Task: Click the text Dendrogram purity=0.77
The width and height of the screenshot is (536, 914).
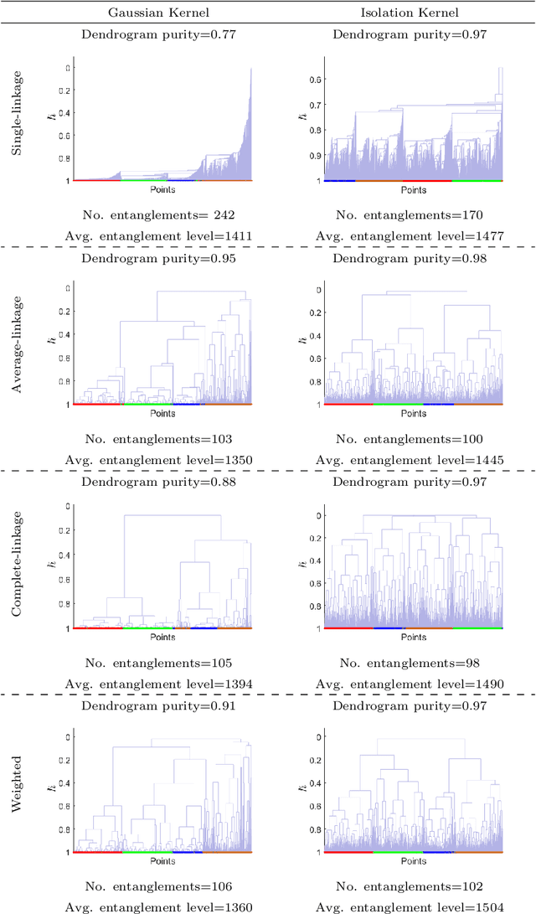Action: [158, 34]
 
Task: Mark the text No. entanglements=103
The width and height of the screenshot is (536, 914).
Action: [158, 439]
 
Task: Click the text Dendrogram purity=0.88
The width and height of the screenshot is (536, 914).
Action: [158, 482]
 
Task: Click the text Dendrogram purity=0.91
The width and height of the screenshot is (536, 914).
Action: [158, 705]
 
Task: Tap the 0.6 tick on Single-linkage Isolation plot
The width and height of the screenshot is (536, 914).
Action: [314, 80]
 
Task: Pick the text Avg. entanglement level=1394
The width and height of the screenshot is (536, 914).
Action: [158, 684]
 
